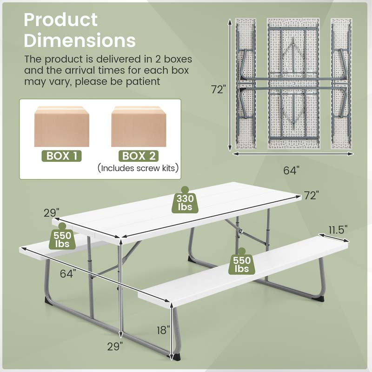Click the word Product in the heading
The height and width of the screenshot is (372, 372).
tap(61, 20)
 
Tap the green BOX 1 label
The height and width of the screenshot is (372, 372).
tap(61, 155)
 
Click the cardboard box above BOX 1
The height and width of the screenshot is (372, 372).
tap(62, 126)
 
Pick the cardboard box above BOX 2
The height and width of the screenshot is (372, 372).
tap(139, 126)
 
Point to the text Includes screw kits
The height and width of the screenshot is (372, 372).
tap(139, 168)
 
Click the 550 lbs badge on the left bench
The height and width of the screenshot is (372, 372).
tap(62, 239)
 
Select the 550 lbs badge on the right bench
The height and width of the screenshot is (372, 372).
tap(242, 264)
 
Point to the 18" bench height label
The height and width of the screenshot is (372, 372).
tap(163, 331)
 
